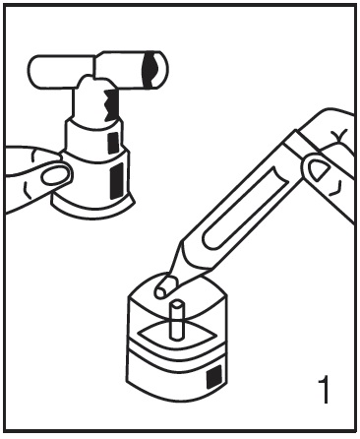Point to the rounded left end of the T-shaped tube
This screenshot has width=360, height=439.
click(x=36, y=70)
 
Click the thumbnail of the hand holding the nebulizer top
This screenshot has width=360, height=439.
click(x=56, y=175)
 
